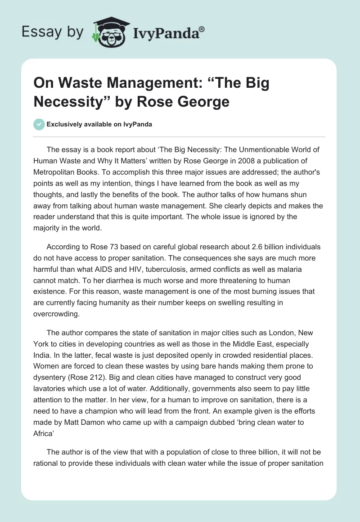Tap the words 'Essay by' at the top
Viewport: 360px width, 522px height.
point(53,32)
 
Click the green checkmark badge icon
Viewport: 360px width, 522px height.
point(39,125)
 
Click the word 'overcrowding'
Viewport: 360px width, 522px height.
point(56,314)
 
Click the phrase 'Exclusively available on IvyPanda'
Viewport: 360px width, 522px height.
point(99,125)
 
